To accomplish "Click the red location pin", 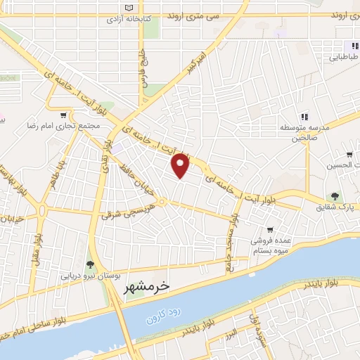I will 181,165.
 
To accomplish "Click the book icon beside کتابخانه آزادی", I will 127,7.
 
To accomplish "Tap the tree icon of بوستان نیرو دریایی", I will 90,264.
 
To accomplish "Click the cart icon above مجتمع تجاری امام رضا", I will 65,115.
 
